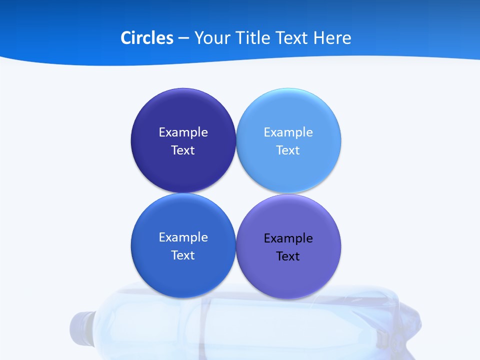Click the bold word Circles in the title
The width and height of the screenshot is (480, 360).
pos(147,38)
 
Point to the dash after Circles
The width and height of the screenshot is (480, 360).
pos(183,38)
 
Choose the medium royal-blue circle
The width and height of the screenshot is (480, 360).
pos(183,272)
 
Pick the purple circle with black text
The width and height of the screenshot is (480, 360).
pos(288,275)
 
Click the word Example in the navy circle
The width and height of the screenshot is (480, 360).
pos(183,132)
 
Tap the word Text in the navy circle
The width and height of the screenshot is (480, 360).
pos(183,150)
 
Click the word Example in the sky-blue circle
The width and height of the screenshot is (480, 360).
pos(288,132)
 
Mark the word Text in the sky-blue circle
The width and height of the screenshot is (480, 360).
pos(288,150)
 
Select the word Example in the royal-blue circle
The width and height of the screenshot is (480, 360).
pos(183,237)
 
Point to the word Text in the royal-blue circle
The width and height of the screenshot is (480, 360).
pos(183,255)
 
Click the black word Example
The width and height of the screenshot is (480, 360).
pos(288,238)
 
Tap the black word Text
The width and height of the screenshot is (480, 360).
pos(288,256)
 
